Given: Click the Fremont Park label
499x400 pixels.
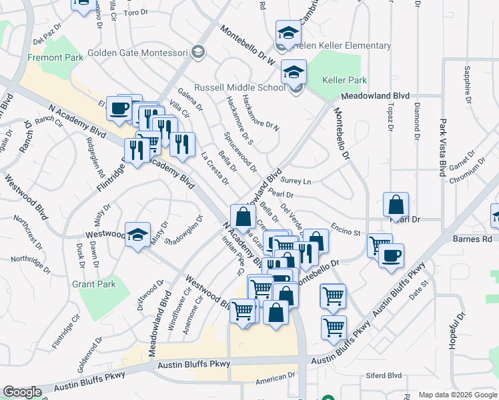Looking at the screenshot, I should [55, 58].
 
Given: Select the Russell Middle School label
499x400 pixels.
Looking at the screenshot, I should [239, 87].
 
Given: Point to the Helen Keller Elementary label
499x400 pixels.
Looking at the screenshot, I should [345, 45].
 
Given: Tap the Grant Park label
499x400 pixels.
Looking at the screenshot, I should [94, 284].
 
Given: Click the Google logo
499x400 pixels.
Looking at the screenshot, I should [22, 392].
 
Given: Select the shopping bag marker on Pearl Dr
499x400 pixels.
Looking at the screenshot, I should [396, 204].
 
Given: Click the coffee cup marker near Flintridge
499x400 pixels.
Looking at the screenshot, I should [120, 108].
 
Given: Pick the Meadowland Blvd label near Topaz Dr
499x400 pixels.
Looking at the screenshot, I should [374, 97].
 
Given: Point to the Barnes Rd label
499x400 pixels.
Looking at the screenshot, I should [471, 238].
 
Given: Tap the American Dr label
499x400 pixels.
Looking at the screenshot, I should [271, 378].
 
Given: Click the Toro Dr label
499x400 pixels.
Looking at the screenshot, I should [135, 13].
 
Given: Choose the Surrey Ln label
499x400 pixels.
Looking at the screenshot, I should [297, 181].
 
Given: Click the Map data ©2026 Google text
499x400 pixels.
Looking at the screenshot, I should [457, 394].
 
